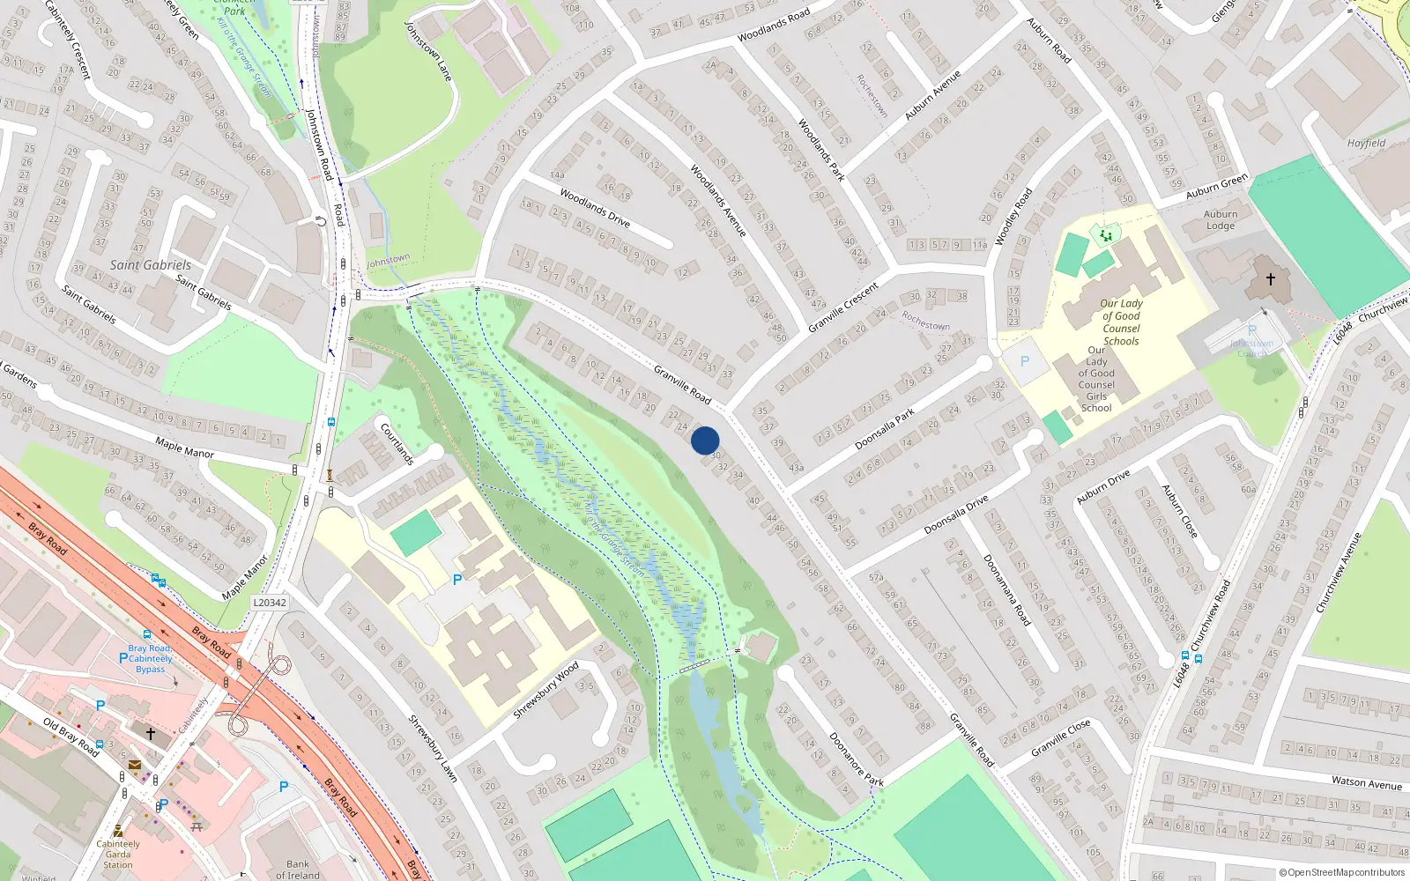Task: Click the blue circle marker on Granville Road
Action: click(x=705, y=440)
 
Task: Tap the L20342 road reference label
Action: click(x=269, y=603)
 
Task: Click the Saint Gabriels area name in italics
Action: click(x=150, y=265)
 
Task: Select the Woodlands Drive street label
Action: click(x=595, y=209)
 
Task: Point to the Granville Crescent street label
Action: click(x=843, y=307)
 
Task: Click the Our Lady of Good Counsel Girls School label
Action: click(x=1096, y=379)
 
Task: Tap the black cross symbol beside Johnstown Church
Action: click(x=1270, y=279)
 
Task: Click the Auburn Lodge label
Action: click(x=1221, y=219)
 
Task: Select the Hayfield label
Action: click(x=1366, y=143)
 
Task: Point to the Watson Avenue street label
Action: click(x=1366, y=782)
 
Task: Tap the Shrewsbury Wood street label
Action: click(x=545, y=689)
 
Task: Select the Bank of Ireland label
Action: click(x=298, y=870)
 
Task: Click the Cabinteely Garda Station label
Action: click(x=118, y=854)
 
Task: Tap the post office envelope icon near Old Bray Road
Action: click(x=135, y=766)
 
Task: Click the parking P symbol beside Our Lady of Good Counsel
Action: click(x=1024, y=362)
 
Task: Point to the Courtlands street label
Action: click(x=397, y=443)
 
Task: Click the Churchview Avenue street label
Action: click(x=1339, y=573)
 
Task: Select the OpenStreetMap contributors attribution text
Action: click(x=1341, y=872)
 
